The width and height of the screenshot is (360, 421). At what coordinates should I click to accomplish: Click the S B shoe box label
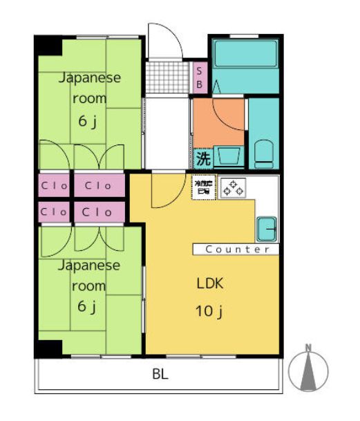tap(199, 76)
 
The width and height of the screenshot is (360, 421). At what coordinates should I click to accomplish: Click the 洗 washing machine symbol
tap(202, 158)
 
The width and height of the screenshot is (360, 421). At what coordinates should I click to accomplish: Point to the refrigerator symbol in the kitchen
tap(205, 187)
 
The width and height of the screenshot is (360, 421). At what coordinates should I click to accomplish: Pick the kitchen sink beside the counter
tap(267, 227)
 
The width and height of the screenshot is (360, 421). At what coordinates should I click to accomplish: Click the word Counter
tap(237, 249)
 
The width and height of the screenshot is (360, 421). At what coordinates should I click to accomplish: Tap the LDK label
tap(209, 283)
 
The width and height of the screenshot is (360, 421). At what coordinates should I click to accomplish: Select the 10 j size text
tap(209, 311)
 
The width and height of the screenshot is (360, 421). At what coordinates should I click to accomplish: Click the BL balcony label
tap(160, 375)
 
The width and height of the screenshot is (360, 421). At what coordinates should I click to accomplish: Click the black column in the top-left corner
tap(48, 45)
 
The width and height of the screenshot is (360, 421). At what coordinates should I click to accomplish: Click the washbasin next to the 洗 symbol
tap(228, 156)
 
